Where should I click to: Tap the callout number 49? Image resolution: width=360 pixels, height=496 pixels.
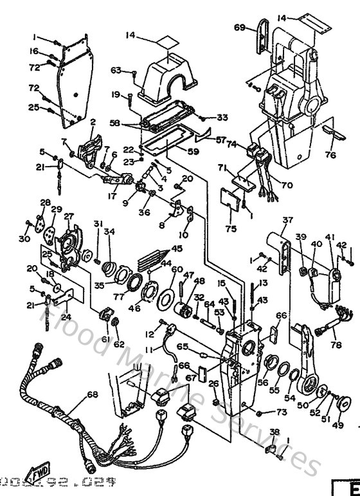[x=337, y=425]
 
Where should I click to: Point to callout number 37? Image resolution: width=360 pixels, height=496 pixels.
[x=287, y=221]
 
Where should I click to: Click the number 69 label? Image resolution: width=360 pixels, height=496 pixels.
[x=239, y=27]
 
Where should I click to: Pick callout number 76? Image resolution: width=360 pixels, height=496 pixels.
[x=330, y=154]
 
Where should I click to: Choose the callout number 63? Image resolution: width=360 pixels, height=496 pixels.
[x=116, y=71]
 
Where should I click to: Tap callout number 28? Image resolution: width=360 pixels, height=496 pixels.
[x=44, y=203]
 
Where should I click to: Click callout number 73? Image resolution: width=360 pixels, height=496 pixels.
[x=282, y=411]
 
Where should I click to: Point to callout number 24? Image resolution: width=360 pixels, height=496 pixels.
[x=66, y=316]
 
